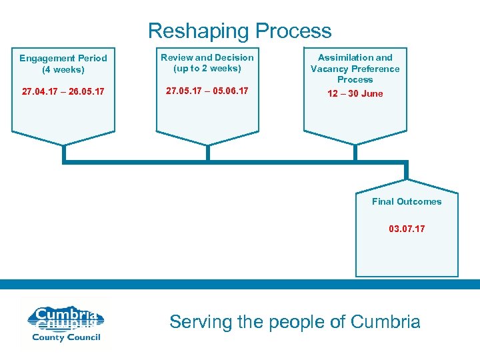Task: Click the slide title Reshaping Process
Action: [x=239, y=31]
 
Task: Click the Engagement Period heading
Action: [x=63, y=58]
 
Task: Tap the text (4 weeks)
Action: [x=63, y=69]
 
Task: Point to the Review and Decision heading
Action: [x=207, y=57]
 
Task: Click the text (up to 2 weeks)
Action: [x=207, y=68]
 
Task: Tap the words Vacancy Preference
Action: [x=355, y=69]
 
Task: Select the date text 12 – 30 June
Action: [x=355, y=93]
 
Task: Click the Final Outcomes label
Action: [x=407, y=201]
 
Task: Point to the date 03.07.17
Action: [x=407, y=229]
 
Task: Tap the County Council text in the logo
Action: [x=65, y=337]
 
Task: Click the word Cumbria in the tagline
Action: [x=385, y=322]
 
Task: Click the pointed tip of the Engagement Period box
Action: [x=63, y=145]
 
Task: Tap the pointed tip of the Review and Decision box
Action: [x=207, y=145]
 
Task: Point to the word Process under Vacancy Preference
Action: [x=355, y=79]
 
